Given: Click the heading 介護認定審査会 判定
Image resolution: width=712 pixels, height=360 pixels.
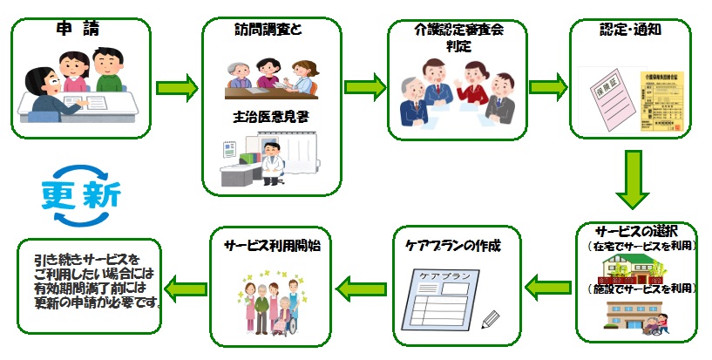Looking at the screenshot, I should [x=458, y=37].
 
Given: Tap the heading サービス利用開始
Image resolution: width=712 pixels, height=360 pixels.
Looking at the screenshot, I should [x=271, y=246].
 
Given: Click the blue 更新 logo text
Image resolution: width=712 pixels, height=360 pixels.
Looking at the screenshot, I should [x=84, y=193].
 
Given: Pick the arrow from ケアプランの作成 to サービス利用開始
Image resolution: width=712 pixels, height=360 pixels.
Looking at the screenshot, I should [x=355, y=284].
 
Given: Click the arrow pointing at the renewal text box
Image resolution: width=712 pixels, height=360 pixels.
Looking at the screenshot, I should [x=185, y=284].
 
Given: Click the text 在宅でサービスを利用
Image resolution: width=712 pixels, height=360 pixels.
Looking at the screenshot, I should [x=641, y=247].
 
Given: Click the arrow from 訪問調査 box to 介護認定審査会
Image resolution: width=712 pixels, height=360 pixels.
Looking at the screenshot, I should [x=365, y=87].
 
